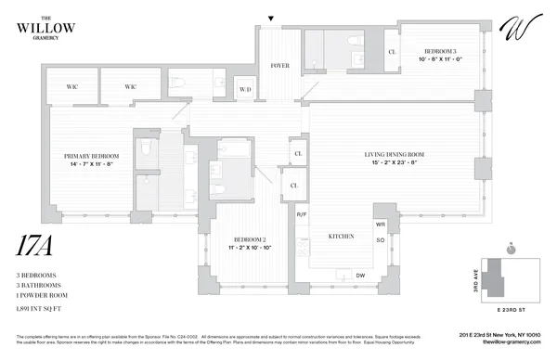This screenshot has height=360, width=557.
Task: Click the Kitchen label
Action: tap(342, 237)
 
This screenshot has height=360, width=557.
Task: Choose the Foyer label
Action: tap(279, 66)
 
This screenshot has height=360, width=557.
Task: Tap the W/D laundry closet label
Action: tap(246, 89)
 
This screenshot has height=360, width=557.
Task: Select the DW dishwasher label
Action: tap(358, 276)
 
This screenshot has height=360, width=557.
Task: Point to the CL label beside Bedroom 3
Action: tap(393, 53)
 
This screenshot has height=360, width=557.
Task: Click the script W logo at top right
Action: tap(514, 30)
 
